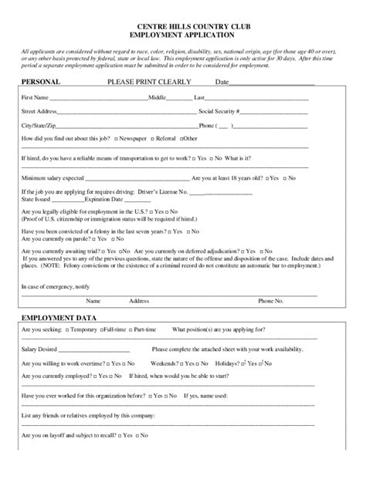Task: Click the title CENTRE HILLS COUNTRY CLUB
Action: click(183, 27)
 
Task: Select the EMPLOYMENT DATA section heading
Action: click(55, 318)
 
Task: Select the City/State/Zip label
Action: click(39, 125)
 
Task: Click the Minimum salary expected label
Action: click(53, 177)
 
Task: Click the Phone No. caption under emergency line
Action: click(291, 301)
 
